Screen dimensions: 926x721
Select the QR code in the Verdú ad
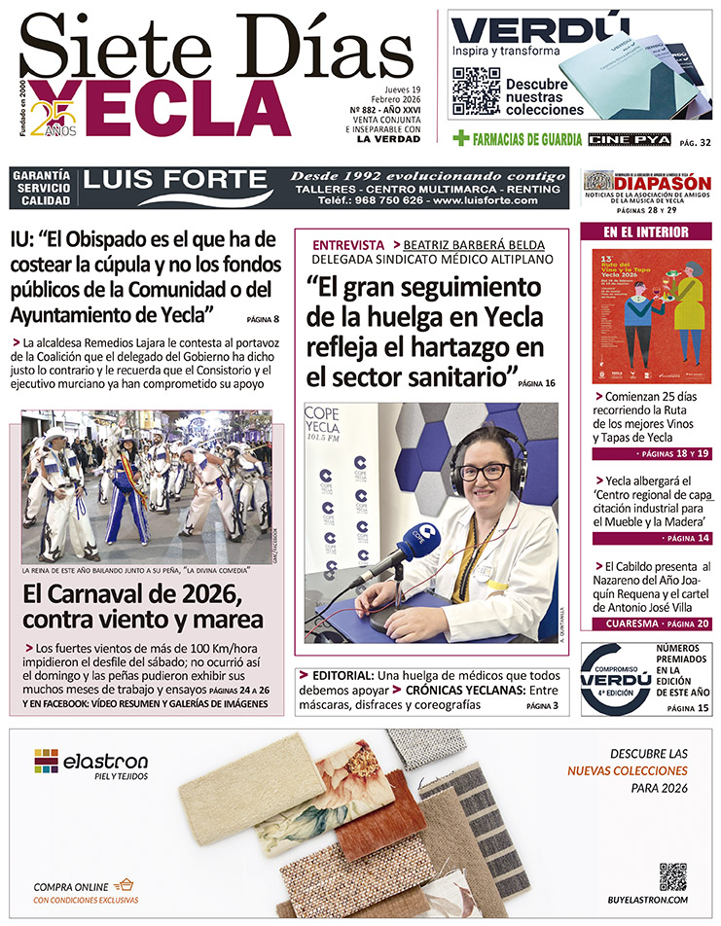point(476,90)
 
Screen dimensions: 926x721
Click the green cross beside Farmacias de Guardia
point(461,139)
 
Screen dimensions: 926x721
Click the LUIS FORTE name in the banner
point(175,180)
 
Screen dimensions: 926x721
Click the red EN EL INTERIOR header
point(646,232)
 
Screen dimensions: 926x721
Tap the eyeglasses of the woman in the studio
point(484,472)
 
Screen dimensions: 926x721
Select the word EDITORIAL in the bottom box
point(343,675)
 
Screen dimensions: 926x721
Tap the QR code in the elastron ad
point(672,876)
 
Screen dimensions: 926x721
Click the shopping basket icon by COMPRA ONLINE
point(123,885)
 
